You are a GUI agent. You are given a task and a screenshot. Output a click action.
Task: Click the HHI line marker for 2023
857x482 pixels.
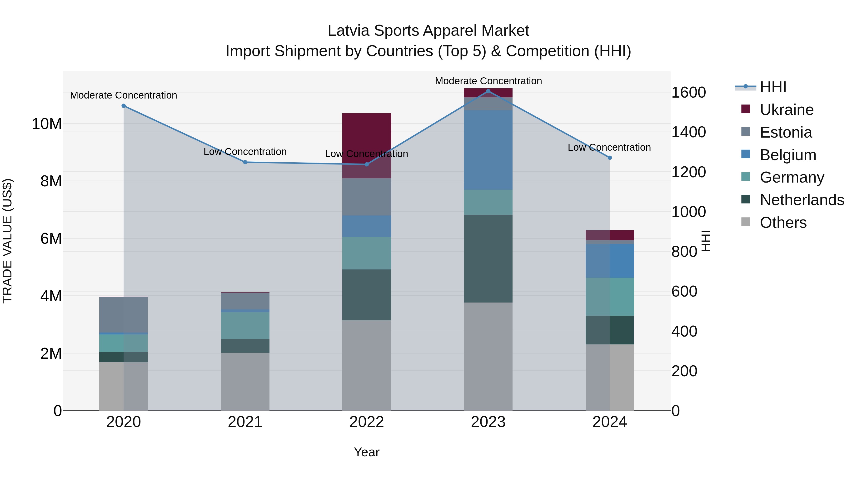[488, 91]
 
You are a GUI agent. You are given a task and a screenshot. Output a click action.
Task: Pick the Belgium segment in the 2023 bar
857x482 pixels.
[488, 150]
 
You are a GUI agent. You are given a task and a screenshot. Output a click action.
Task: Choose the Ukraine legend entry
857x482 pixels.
[787, 110]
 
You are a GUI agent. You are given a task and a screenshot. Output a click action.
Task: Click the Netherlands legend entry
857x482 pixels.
[802, 200]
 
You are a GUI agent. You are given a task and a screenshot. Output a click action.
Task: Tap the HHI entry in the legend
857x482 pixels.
[773, 87]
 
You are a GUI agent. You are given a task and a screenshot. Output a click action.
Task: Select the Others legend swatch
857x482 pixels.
[746, 222]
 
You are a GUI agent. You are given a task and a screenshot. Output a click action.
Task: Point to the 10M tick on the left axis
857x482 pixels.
[47, 124]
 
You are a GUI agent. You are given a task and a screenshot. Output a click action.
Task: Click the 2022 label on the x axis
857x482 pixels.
[367, 422]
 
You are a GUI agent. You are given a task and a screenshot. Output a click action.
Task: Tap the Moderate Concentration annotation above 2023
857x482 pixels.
[488, 81]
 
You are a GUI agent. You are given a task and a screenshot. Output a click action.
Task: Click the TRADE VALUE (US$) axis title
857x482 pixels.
[7, 241]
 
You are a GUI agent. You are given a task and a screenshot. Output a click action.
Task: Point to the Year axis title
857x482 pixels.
[367, 452]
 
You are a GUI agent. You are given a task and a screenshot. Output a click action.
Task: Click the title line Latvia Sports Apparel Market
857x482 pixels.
[428, 31]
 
